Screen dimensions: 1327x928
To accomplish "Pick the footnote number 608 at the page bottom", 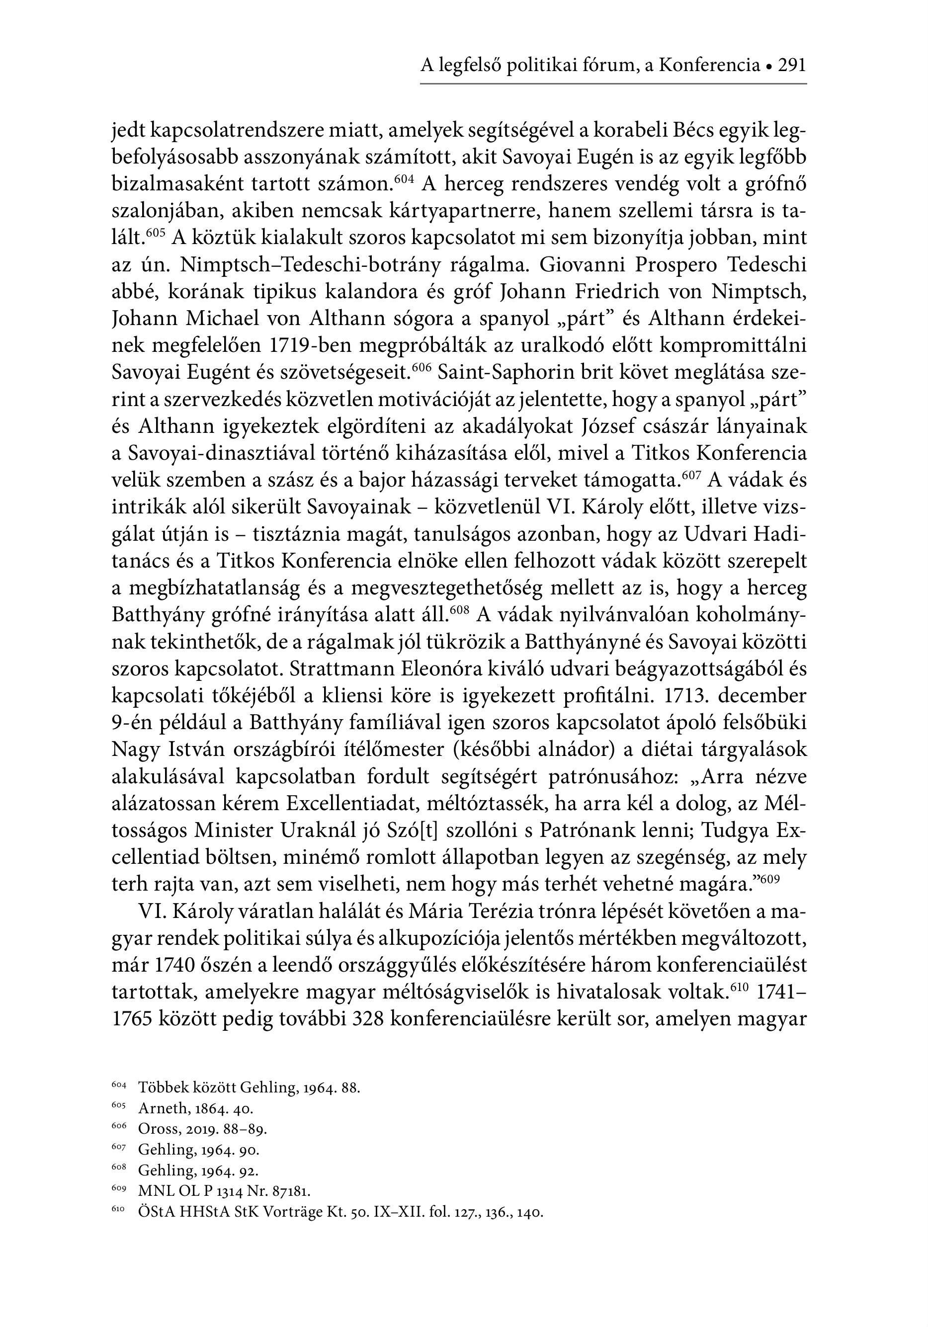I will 118,1167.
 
